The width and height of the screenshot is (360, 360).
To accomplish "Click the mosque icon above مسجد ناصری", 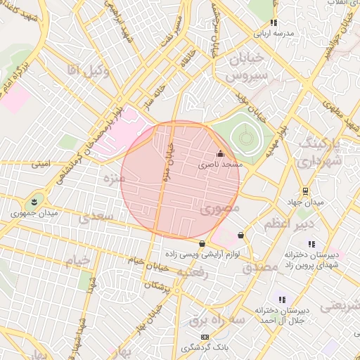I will click(x=220, y=154).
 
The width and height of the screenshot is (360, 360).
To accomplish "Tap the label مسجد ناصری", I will click(x=219, y=164).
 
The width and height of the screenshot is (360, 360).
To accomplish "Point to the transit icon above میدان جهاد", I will click(x=305, y=191).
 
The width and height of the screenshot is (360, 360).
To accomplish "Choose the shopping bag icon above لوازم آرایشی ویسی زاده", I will click(x=202, y=244).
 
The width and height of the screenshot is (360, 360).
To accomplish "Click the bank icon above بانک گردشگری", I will click(x=205, y=337).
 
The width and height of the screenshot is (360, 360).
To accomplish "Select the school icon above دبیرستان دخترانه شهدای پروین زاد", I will click(x=311, y=244).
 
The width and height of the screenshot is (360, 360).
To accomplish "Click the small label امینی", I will click(x=41, y=164).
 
